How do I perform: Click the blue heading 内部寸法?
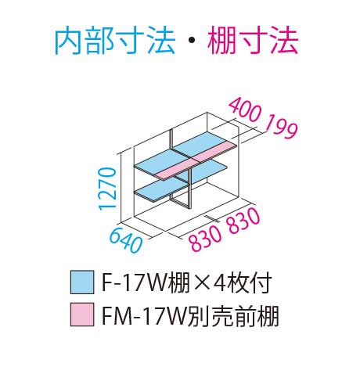pos(114,41)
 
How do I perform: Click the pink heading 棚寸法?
pos(253,41)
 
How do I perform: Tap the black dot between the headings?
pos(191,41)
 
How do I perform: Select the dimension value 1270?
pos(107,189)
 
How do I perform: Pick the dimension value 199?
pos(281,126)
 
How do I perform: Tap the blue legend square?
pos(82,282)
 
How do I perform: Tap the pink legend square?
pos(82,315)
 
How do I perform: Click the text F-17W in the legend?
pos(135,282)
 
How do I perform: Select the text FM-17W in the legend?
pos(144,315)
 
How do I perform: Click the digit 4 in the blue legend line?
pos(220,282)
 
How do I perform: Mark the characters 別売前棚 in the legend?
pos(232,315)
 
